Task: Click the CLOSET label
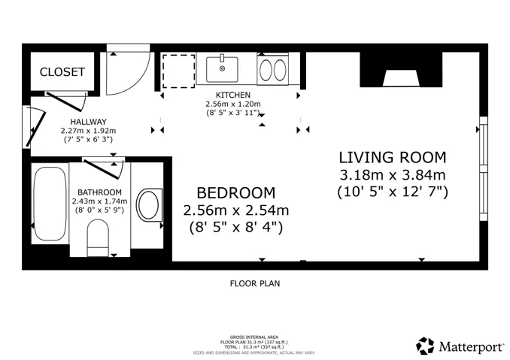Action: tap(62, 72)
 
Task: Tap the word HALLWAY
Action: tap(89, 122)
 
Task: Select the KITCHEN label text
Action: tap(233, 95)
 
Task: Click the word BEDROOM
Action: tap(236, 193)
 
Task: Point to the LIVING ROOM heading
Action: tap(393, 158)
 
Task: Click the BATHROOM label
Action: tap(99, 192)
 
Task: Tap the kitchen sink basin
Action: tap(222, 69)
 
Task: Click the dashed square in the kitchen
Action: tap(178, 71)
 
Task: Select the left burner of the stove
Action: tap(266, 70)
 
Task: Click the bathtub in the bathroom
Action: tap(50, 204)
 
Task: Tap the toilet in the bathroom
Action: tap(98, 238)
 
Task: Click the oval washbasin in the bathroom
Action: tap(148, 204)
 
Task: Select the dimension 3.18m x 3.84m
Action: tap(393, 175)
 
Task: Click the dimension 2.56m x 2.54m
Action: tap(236, 210)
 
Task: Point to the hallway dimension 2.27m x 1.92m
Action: tap(89, 131)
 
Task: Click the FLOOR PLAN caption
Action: tap(255, 283)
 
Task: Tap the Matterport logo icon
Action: tap(425, 346)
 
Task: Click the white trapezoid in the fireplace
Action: tap(401, 78)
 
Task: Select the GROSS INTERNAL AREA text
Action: tap(254, 337)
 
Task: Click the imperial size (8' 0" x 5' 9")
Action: tap(99, 210)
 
